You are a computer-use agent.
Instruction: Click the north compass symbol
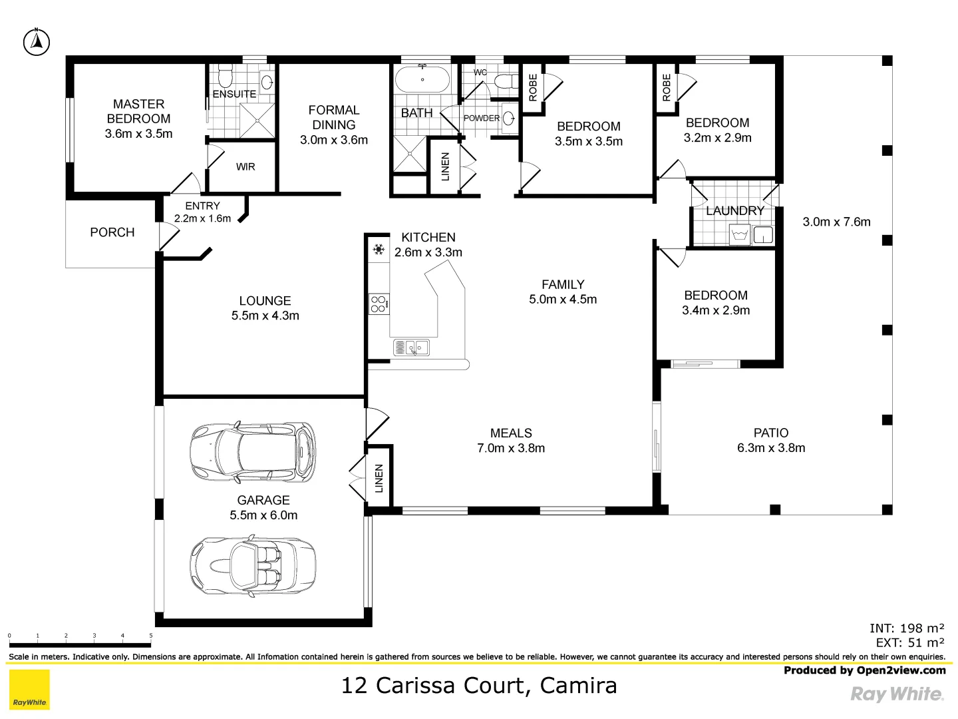click(x=37, y=43)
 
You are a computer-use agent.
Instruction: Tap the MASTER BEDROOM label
click(x=138, y=111)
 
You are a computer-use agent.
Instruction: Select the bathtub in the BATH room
click(x=422, y=81)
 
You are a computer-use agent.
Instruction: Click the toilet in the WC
click(x=508, y=82)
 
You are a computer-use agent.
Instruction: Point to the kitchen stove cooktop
click(x=379, y=304)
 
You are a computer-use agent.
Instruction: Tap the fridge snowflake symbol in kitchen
click(x=379, y=250)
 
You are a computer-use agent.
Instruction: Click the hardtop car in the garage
click(x=253, y=451)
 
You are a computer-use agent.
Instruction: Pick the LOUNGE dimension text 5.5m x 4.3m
click(x=265, y=316)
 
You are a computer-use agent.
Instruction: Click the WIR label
click(x=245, y=167)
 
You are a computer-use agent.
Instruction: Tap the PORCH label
click(x=112, y=232)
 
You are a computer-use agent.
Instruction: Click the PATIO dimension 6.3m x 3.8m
click(x=770, y=448)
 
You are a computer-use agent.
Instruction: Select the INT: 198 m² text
click(x=907, y=628)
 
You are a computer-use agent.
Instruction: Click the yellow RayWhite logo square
click(x=29, y=690)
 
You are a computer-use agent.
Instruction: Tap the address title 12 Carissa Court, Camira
click(x=479, y=685)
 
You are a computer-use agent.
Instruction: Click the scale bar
click(x=80, y=644)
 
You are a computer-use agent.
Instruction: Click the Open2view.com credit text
click(x=864, y=670)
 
